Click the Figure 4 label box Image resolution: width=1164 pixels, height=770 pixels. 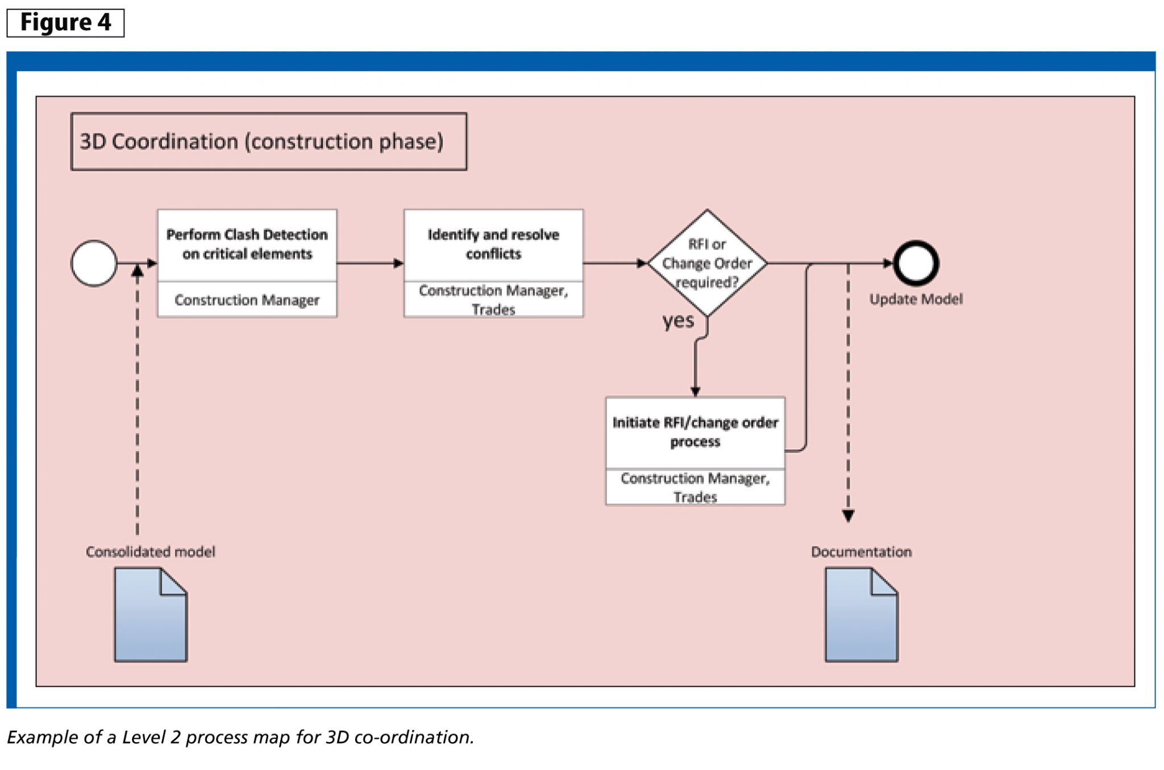point(65,23)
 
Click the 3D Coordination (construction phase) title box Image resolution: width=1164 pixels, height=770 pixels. point(268,141)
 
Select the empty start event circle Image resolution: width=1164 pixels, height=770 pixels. point(94,263)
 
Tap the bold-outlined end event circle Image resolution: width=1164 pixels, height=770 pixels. point(916,263)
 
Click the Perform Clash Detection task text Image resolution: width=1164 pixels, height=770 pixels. point(247,244)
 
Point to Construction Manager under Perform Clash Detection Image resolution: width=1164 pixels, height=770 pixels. point(247,299)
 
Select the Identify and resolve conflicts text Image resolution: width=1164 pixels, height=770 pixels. point(493,244)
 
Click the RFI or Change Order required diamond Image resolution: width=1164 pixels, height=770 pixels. point(707,263)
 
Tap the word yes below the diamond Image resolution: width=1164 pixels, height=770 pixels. point(678,321)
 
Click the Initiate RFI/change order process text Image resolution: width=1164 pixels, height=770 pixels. point(695,432)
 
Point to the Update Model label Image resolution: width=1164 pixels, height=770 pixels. point(916,299)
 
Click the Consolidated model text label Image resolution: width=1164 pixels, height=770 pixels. point(151,552)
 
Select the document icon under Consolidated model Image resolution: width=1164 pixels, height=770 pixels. point(151,615)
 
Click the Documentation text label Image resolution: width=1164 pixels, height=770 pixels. point(861,552)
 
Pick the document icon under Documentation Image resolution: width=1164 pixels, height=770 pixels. point(861,615)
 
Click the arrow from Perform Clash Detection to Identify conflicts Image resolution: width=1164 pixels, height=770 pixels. point(369,263)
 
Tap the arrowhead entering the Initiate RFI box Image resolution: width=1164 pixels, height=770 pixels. point(695,391)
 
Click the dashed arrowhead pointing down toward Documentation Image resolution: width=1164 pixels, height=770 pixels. point(848,515)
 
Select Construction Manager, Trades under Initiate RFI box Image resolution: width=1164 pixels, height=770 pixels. point(695,487)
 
